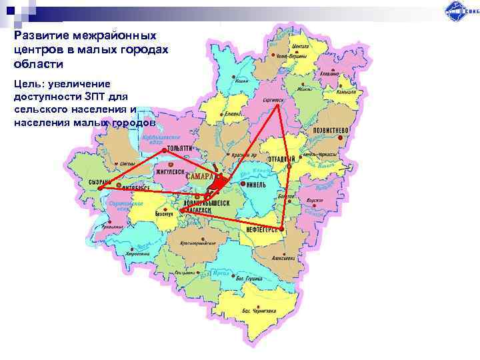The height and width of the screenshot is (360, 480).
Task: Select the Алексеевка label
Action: click(283, 257)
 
